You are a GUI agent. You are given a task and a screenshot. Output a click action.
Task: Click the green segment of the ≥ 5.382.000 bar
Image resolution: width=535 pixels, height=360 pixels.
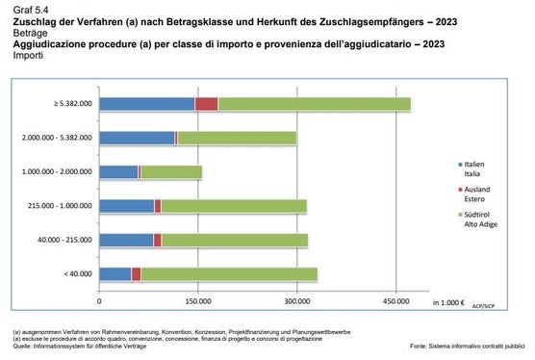(x=314, y=104)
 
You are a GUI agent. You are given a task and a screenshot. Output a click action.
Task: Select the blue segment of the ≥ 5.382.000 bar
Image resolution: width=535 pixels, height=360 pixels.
(x=146, y=104)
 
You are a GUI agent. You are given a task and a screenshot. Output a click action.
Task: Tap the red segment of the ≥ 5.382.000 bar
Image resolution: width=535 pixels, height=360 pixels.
(x=206, y=104)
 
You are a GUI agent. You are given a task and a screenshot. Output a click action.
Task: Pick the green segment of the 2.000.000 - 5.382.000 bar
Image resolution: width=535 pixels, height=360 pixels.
(x=237, y=138)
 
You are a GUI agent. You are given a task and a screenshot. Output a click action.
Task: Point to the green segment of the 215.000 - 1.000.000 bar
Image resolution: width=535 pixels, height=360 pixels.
(x=233, y=205)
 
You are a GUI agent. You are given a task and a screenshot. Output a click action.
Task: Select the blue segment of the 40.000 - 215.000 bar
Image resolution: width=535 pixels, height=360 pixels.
(x=126, y=239)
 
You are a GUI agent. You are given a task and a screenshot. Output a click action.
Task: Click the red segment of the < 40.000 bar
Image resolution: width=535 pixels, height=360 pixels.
(x=136, y=273)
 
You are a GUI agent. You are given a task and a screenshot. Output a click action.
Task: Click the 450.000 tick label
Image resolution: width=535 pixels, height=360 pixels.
(x=396, y=302)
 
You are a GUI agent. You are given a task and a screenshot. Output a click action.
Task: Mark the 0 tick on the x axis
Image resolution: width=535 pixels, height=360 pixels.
(x=99, y=302)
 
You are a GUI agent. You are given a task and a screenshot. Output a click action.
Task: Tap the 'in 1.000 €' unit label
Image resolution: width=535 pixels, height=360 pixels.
(x=448, y=302)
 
